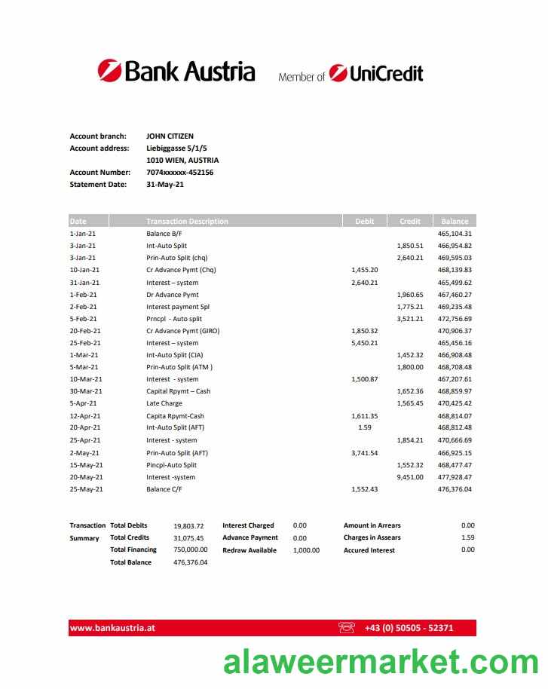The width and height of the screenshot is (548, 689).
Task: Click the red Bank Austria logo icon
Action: point(109,71)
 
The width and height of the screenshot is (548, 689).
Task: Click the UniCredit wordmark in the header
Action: point(385,74)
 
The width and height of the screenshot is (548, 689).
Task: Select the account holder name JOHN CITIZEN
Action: point(170,136)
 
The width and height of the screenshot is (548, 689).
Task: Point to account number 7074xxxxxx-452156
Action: point(179,173)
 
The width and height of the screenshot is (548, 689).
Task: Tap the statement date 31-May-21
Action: point(165,185)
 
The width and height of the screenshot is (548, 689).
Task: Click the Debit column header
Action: point(364,222)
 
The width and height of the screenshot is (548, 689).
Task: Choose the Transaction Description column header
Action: point(187,222)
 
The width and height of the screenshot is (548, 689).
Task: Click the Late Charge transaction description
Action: point(164,403)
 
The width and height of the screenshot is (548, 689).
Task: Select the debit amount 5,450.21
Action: point(364,343)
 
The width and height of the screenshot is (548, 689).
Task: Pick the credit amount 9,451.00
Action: point(409,476)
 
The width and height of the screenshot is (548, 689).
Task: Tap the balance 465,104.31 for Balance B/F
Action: point(455,234)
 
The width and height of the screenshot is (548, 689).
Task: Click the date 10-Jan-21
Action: point(84,270)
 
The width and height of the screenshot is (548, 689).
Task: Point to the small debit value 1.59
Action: point(365,427)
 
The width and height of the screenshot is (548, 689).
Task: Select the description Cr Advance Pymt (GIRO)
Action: point(182,331)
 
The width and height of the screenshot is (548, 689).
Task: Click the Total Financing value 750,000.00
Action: point(190,550)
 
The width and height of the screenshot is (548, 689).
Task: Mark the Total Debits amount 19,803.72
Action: point(188,525)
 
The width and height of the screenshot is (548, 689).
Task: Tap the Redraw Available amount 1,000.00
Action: point(306,550)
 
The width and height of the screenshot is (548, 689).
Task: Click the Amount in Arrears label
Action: point(372,525)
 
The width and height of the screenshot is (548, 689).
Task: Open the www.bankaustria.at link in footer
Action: point(112,628)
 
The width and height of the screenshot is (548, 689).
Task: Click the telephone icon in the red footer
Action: point(347,627)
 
